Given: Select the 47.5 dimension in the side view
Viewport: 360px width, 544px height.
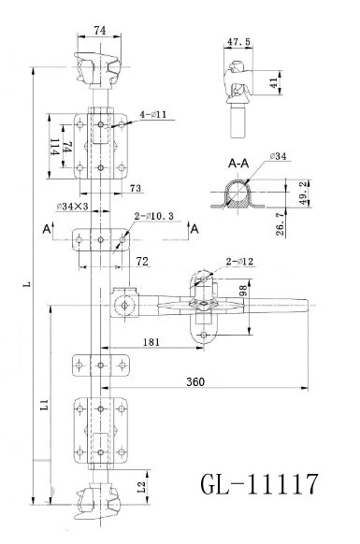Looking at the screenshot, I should (241, 42).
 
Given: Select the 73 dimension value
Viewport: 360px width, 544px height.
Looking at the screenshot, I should (136, 189).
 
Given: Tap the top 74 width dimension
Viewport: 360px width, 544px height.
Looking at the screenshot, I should (99, 30).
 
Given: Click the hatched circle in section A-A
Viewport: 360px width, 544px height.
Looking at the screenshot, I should (241, 193).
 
